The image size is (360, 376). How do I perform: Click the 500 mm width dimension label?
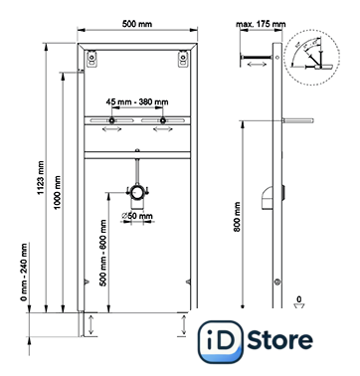(x=137, y=24)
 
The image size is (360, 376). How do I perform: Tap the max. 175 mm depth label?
(x=261, y=24)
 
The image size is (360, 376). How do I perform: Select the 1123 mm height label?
(x=41, y=178)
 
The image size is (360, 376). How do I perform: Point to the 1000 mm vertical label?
(x=58, y=192)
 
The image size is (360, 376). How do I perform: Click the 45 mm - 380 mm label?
(x=137, y=101)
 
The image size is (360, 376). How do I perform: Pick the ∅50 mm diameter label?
(x=137, y=216)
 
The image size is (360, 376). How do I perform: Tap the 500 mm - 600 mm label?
(x=103, y=253)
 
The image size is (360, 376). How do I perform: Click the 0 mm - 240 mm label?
(x=24, y=273)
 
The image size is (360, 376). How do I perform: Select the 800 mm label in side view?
(x=237, y=217)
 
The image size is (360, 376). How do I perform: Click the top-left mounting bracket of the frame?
(x=91, y=59)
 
